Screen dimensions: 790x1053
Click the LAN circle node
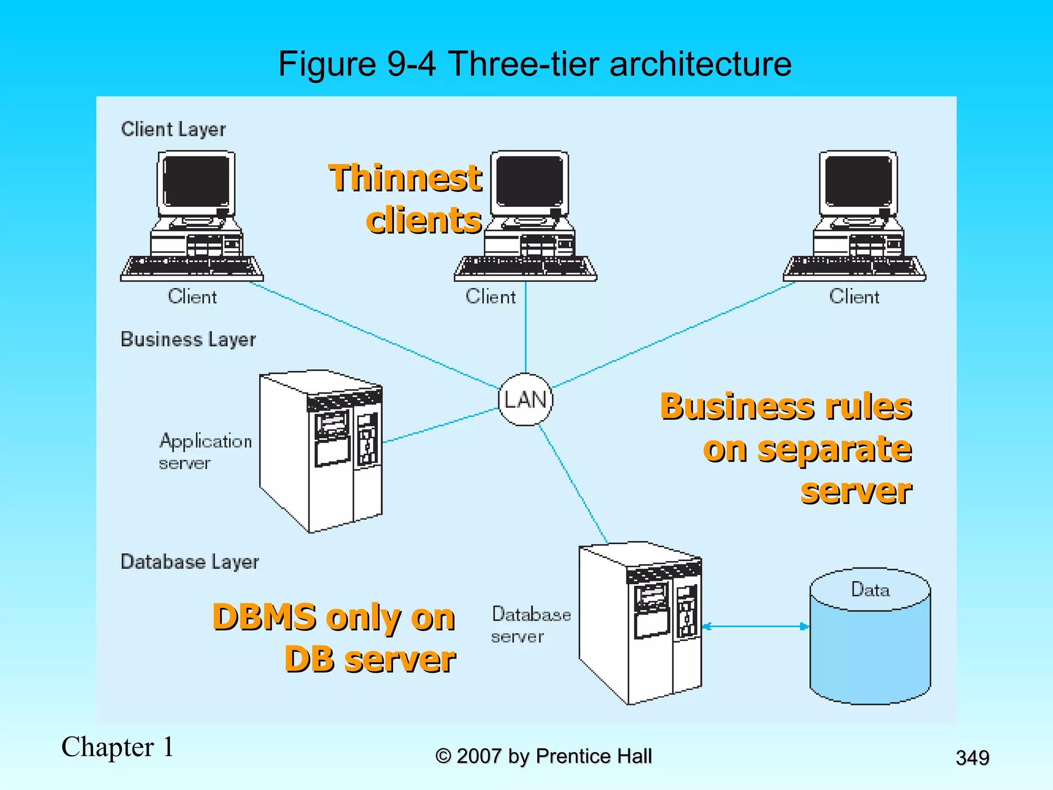(525, 400)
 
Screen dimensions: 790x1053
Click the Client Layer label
(173, 129)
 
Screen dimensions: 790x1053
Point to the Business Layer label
(188, 339)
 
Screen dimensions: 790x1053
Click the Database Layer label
(190, 562)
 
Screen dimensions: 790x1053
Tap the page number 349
(972, 758)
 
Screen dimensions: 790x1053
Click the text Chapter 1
(117, 747)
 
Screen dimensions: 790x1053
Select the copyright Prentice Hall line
(543, 756)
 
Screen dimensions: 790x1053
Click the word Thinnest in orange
(405, 178)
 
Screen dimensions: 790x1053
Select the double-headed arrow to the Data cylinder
(755, 626)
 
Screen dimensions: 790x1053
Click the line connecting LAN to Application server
(441, 425)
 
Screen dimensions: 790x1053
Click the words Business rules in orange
(786, 406)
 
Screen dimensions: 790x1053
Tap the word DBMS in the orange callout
(264, 617)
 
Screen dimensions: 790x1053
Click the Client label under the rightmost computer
(854, 297)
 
